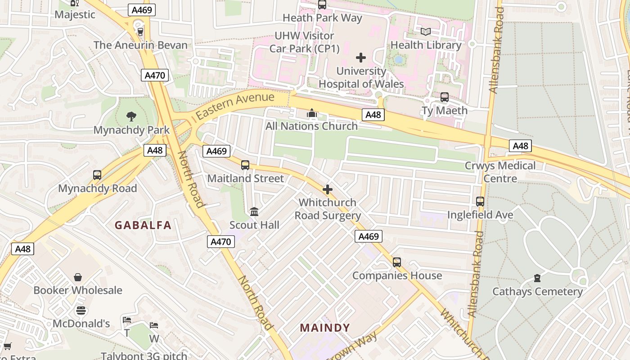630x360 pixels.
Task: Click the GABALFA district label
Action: [x=143, y=225]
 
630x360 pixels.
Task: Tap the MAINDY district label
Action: [x=325, y=328]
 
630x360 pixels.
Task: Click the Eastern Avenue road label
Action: [x=235, y=106]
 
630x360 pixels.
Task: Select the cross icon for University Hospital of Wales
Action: [x=361, y=58]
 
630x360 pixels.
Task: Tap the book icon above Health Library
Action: [x=426, y=31]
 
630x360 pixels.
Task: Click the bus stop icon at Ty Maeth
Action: [x=445, y=97]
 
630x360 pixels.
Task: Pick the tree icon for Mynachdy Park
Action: [x=131, y=117]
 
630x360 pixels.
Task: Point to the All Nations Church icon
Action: [x=312, y=113]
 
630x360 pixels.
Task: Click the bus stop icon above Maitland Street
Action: [x=245, y=165]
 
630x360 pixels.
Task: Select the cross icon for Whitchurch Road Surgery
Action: [x=328, y=189]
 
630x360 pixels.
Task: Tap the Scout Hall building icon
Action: [x=254, y=211]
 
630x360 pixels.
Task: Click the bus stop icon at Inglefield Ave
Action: [x=480, y=202]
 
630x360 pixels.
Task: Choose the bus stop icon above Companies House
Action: [x=396, y=262]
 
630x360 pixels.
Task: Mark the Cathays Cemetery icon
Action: [x=537, y=278]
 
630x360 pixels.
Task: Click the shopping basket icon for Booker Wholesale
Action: [x=78, y=277]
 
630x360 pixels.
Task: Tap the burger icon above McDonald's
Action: [x=81, y=310]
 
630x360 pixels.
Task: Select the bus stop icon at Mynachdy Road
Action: [x=97, y=175]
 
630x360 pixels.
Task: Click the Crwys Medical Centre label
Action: [x=500, y=172]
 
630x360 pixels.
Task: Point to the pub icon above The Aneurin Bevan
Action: [x=140, y=31]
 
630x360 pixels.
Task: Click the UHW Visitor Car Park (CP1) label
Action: [x=304, y=42]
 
